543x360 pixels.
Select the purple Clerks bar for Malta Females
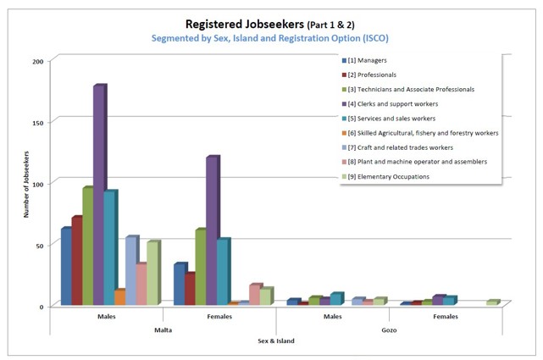pyautogui.click(x=212, y=229)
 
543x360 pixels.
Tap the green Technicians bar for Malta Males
pyautogui.click(x=87, y=246)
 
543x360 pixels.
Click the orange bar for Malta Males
pyautogui.click(x=119, y=297)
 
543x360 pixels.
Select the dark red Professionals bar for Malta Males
pyautogui.click(x=76, y=261)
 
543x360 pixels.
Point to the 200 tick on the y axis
pyautogui.click(x=38, y=61)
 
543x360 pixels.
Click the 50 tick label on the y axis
pyautogui.click(x=40, y=244)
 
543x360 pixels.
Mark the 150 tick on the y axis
pyautogui.click(x=38, y=122)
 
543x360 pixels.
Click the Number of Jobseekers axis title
pyautogui.click(x=26, y=182)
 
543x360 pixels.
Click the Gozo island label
pyautogui.click(x=390, y=330)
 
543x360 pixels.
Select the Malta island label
pyautogui.click(x=163, y=330)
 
